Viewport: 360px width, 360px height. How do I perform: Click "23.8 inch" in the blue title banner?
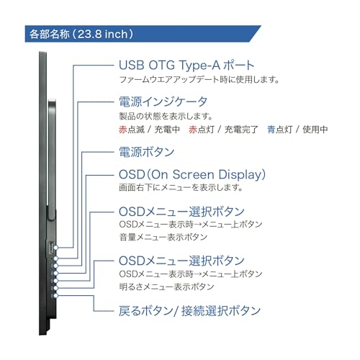pos(102,34)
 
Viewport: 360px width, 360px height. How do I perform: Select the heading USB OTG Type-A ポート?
pos(186,66)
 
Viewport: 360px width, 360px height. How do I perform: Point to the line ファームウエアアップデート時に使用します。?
pos(199,79)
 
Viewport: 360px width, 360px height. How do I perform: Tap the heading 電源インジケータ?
pos(163,102)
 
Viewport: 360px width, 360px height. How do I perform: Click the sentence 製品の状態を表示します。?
pos(166,116)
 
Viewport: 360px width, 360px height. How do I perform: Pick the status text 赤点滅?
pos(132,130)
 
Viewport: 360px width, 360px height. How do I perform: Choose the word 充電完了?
pos(241,130)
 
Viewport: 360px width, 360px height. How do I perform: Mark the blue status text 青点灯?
pos(280,130)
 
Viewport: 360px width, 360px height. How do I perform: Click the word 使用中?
pos(315,130)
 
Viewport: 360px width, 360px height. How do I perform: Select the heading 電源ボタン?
pos(147,152)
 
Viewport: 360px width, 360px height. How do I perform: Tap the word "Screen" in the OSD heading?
pos(193,174)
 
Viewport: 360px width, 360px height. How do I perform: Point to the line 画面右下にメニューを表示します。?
pos(181,187)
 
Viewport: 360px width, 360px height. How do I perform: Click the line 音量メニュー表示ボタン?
pos(163,237)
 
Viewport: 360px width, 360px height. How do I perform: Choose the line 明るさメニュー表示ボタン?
pos(166,287)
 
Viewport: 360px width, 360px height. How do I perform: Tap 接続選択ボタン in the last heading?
pos(221,311)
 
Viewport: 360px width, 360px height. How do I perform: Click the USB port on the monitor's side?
pos(51,247)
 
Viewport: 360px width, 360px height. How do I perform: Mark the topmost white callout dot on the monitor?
pos(56,248)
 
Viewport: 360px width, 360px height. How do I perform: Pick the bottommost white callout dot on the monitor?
pos(56,295)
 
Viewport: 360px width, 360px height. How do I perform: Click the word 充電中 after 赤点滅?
pos(167,130)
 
